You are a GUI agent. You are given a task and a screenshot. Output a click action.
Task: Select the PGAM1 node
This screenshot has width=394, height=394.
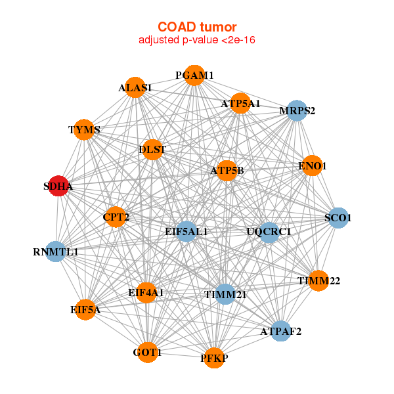(194, 75)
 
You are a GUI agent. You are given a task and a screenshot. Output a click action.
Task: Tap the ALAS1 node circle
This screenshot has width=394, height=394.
(135, 87)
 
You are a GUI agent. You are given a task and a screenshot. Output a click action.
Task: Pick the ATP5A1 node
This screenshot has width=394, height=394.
(240, 103)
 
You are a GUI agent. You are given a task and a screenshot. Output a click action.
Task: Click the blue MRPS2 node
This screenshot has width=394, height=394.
(297, 110)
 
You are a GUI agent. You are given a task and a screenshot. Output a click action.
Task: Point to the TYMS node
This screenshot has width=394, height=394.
(85, 129)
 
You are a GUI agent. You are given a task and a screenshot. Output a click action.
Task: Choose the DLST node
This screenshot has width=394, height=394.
(152, 149)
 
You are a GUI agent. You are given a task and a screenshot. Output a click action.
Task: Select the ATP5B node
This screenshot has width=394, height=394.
(227, 171)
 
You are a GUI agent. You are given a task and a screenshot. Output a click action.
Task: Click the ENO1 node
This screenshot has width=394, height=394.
(311, 166)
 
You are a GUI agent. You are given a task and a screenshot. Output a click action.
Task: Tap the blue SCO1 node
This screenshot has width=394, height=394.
(338, 218)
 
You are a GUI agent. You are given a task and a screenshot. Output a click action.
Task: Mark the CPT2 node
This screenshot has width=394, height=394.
(116, 217)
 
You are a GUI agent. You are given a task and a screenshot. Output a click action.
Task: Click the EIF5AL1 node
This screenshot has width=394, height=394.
(186, 231)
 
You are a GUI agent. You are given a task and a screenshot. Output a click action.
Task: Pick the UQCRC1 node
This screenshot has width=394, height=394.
(269, 232)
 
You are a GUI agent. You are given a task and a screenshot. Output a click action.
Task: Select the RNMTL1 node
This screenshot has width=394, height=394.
(56, 252)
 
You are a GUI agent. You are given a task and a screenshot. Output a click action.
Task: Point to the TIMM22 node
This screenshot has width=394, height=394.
(318, 280)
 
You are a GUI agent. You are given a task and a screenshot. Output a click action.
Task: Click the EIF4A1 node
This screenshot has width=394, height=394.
(146, 292)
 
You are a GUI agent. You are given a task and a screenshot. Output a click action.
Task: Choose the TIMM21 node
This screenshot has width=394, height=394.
(225, 295)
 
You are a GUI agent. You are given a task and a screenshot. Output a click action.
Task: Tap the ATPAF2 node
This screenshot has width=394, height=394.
(280, 330)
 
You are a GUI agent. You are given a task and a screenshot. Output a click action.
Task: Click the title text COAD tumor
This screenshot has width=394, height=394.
(196, 27)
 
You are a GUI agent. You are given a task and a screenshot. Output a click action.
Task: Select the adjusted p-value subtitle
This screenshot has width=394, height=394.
(196, 40)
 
